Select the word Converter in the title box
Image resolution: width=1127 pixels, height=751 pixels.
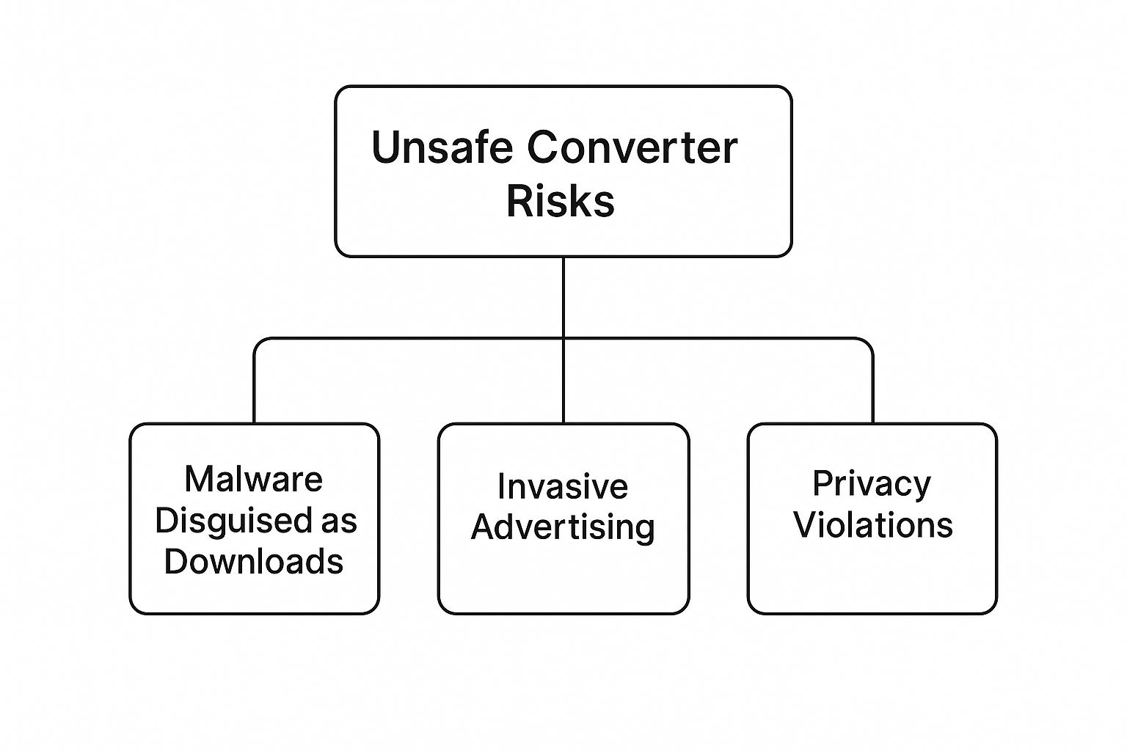tap(632, 147)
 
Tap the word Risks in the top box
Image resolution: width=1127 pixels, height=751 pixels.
tap(561, 200)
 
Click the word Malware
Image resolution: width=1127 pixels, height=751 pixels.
tap(253, 480)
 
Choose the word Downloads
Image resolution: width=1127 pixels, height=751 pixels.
tap(253, 562)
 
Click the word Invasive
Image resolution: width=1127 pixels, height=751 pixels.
tap(562, 486)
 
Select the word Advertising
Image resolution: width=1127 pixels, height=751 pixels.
tap(563, 527)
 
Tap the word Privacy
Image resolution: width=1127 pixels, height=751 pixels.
tap(872, 483)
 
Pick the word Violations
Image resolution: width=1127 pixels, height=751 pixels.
tap(872, 525)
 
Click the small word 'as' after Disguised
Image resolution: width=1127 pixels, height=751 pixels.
tap(338, 521)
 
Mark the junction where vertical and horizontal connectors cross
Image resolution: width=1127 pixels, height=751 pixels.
tap(563, 338)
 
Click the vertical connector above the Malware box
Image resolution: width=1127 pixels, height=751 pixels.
tap(254, 389)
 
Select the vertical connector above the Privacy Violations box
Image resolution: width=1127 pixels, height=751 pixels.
tap(872, 389)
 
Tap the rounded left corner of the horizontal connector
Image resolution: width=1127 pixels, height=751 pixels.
tap(258, 342)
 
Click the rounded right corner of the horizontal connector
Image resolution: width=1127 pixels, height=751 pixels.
tap(868, 342)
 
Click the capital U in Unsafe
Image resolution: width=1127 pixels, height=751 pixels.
tap(385, 147)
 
